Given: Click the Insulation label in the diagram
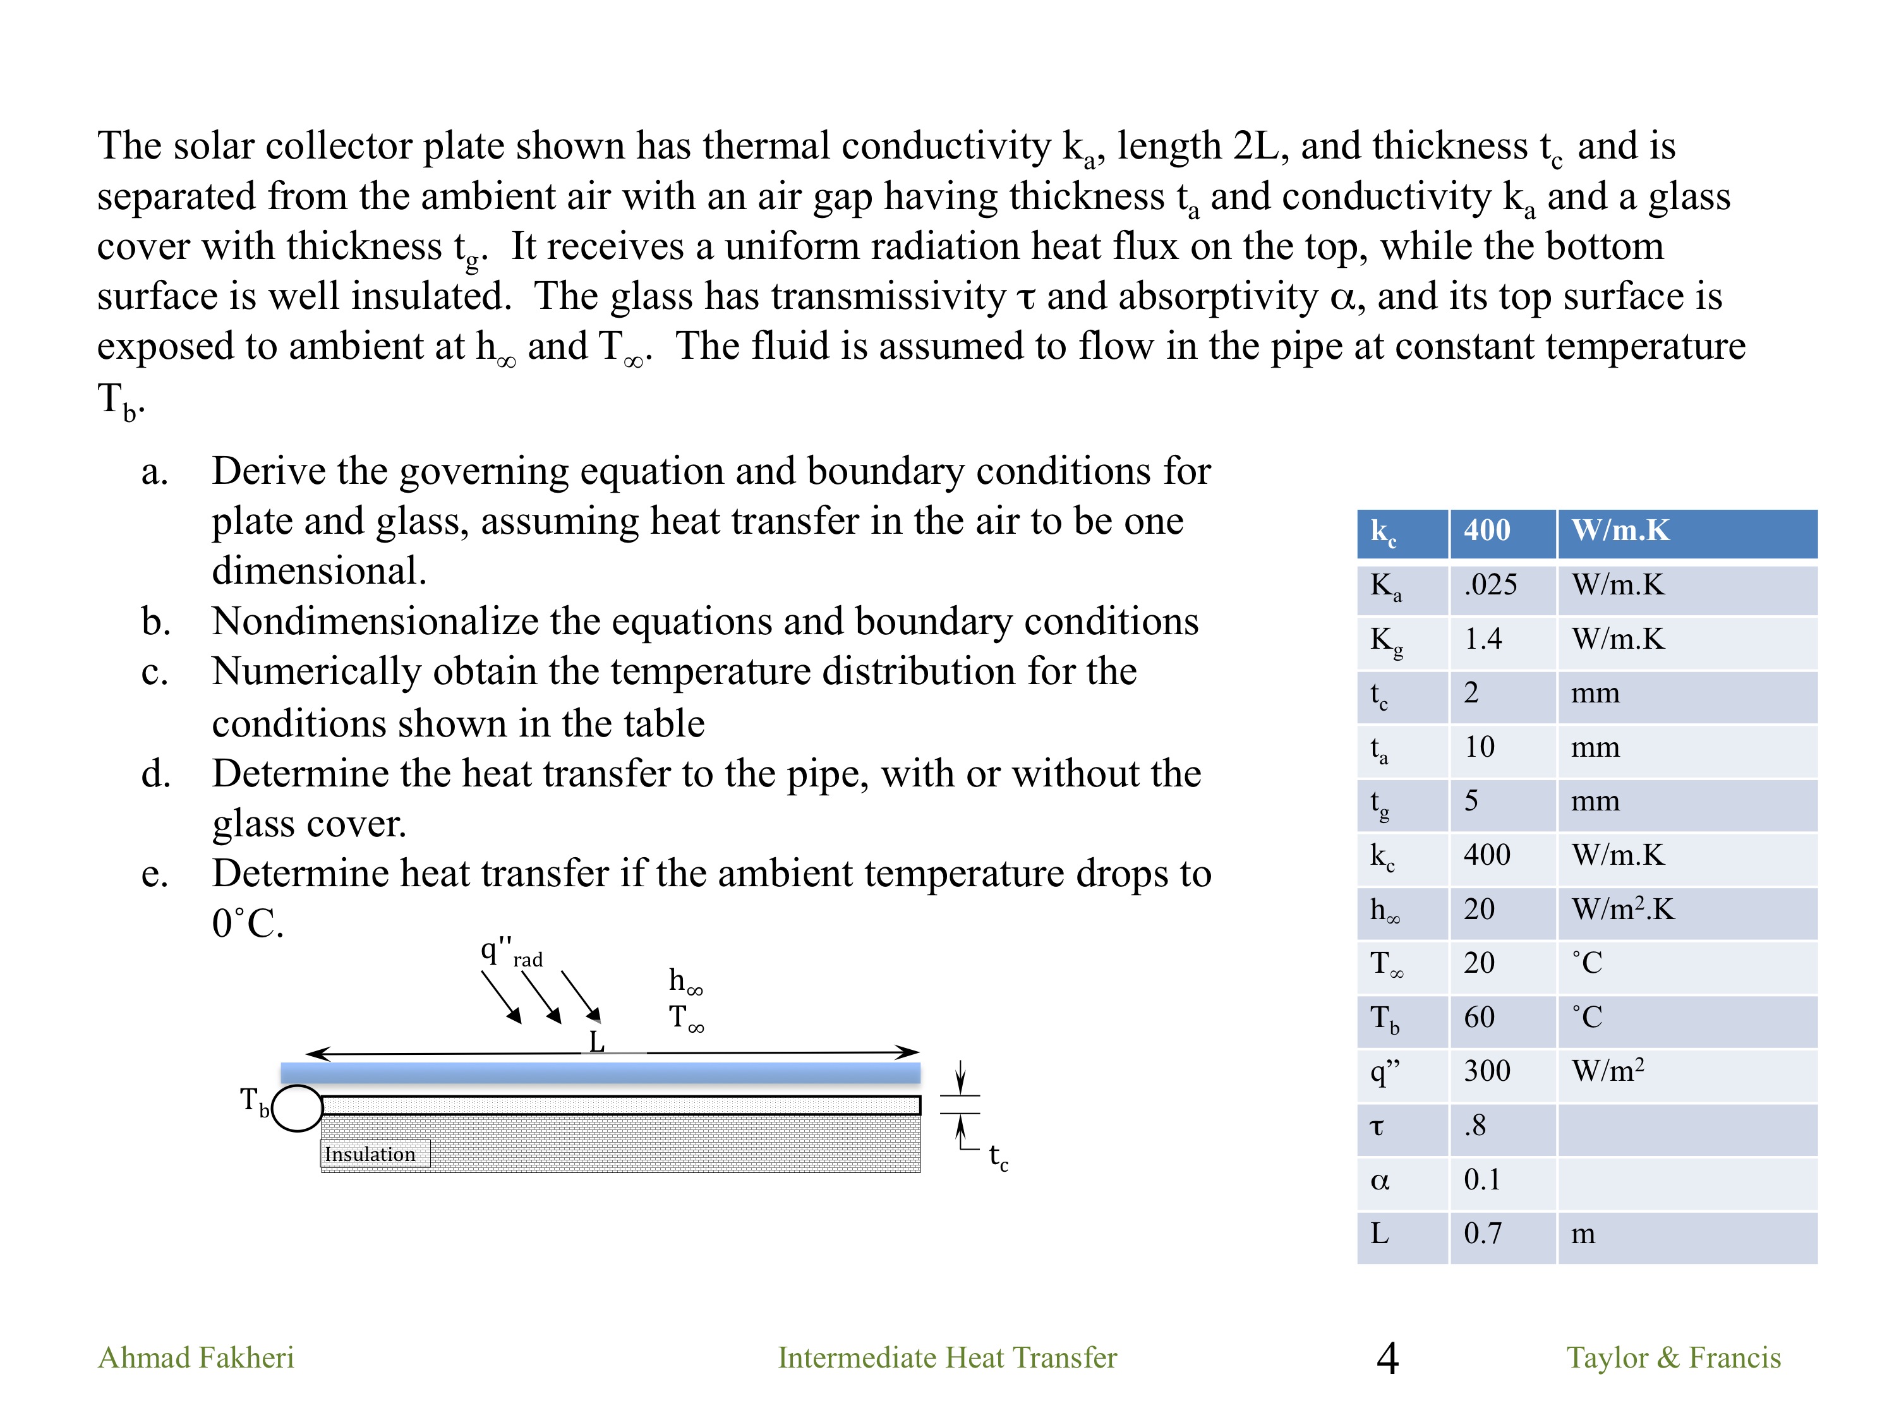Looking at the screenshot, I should click(x=370, y=1154).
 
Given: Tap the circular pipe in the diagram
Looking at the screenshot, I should click(x=297, y=1109).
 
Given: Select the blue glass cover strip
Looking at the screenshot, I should click(x=600, y=1073).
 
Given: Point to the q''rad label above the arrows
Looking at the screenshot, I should click(x=511, y=953).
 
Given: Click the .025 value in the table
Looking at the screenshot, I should click(x=1490, y=584).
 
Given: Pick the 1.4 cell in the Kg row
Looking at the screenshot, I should click(x=1483, y=639).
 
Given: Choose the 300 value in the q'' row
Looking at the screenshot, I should click(x=1487, y=1071).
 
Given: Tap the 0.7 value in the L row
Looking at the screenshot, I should click(x=1482, y=1234).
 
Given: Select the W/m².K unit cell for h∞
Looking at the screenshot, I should click(x=1622, y=909).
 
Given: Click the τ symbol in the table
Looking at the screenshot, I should click(x=1377, y=1126).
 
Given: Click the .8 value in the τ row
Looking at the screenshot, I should click(x=1475, y=1126).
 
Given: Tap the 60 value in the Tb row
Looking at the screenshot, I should click(x=1479, y=1017).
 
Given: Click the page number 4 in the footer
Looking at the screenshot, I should click(x=1387, y=1358).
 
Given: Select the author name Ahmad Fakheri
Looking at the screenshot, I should click(x=196, y=1357).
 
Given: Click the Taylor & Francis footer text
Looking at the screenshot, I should click(x=1673, y=1357).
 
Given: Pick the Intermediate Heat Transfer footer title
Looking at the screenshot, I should click(x=947, y=1357).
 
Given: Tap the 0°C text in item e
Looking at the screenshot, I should click(x=248, y=924).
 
